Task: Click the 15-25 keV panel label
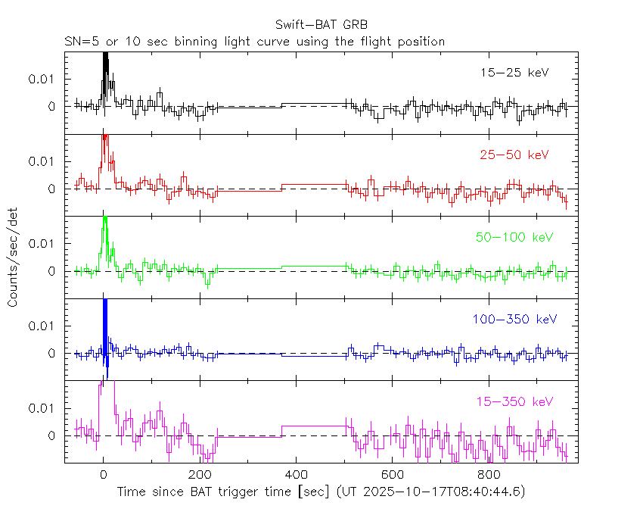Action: [514, 73]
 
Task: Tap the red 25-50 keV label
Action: [514, 154]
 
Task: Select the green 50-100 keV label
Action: [514, 237]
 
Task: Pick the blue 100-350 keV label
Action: [514, 320]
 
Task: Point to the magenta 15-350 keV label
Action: [514, 401]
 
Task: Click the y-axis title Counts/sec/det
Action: [14, 257]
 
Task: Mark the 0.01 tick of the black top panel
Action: [44, 79]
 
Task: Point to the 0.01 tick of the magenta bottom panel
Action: [44, 407]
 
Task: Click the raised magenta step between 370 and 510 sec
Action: [315, 426]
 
